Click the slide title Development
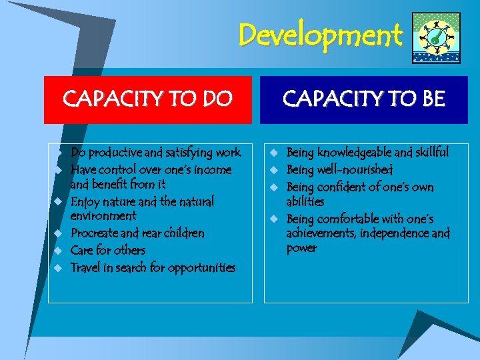(321, 35)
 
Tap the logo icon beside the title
(436, 38)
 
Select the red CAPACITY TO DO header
(148, 99)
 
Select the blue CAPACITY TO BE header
(364, 99)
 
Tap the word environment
(103, 216)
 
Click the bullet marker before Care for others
(58, 250)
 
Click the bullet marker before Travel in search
(58, 267)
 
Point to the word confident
(341, 187)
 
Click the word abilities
(305, 201)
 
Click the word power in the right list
(302, 248)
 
